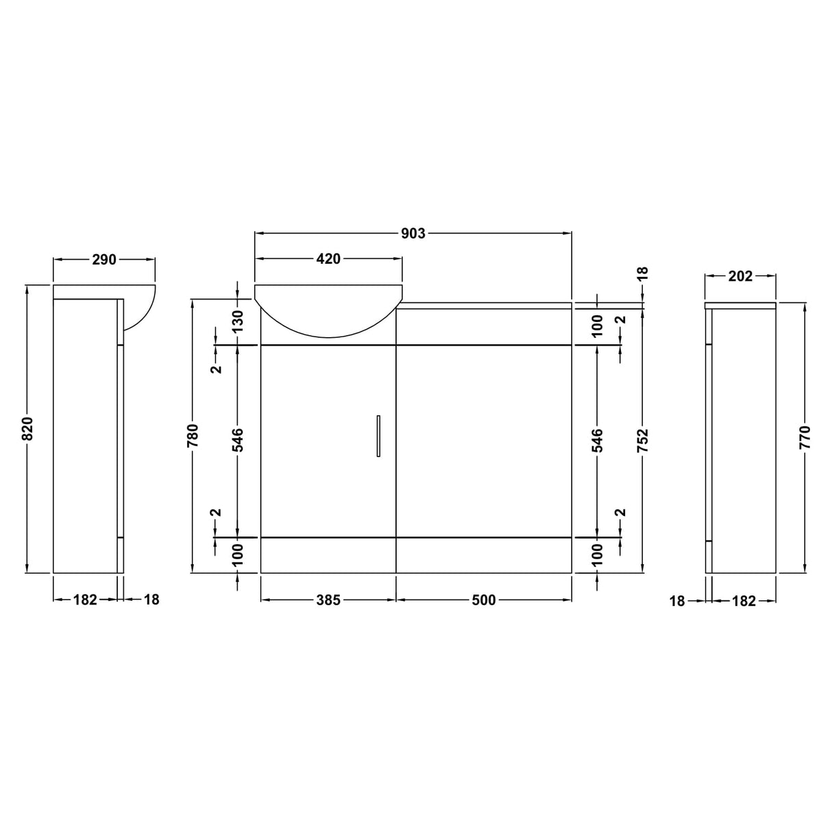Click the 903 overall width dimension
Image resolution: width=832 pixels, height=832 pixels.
point(413,234)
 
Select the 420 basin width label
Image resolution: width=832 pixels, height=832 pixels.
point(328,259)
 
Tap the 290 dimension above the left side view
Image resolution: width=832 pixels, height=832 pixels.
point(104,260)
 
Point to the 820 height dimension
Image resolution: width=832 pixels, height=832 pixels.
point(27,428)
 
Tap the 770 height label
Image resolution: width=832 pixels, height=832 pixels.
point(805,437)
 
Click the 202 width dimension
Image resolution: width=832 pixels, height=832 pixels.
point(740,276)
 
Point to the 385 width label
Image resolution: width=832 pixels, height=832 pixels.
point(328,600)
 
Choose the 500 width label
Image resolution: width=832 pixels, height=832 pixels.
point(483,600)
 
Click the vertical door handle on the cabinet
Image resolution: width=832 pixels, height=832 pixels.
point(378,435)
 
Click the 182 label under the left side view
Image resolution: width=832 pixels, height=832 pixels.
point(85,600)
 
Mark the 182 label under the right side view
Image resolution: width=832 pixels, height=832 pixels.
point(744,601)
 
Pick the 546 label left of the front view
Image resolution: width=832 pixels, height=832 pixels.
point(237,441)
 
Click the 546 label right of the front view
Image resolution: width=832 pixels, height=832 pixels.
point(597,441)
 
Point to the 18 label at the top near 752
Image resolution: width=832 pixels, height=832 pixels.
point(642,273)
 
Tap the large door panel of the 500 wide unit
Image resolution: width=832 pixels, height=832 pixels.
point(483,441)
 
